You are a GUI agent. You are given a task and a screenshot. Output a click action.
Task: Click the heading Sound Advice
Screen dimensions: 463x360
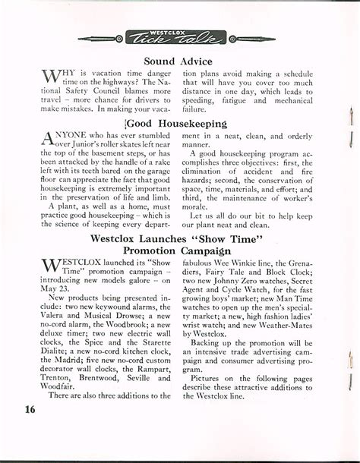180,61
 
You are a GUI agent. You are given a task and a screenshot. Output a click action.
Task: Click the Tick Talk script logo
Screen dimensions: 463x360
179,38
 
